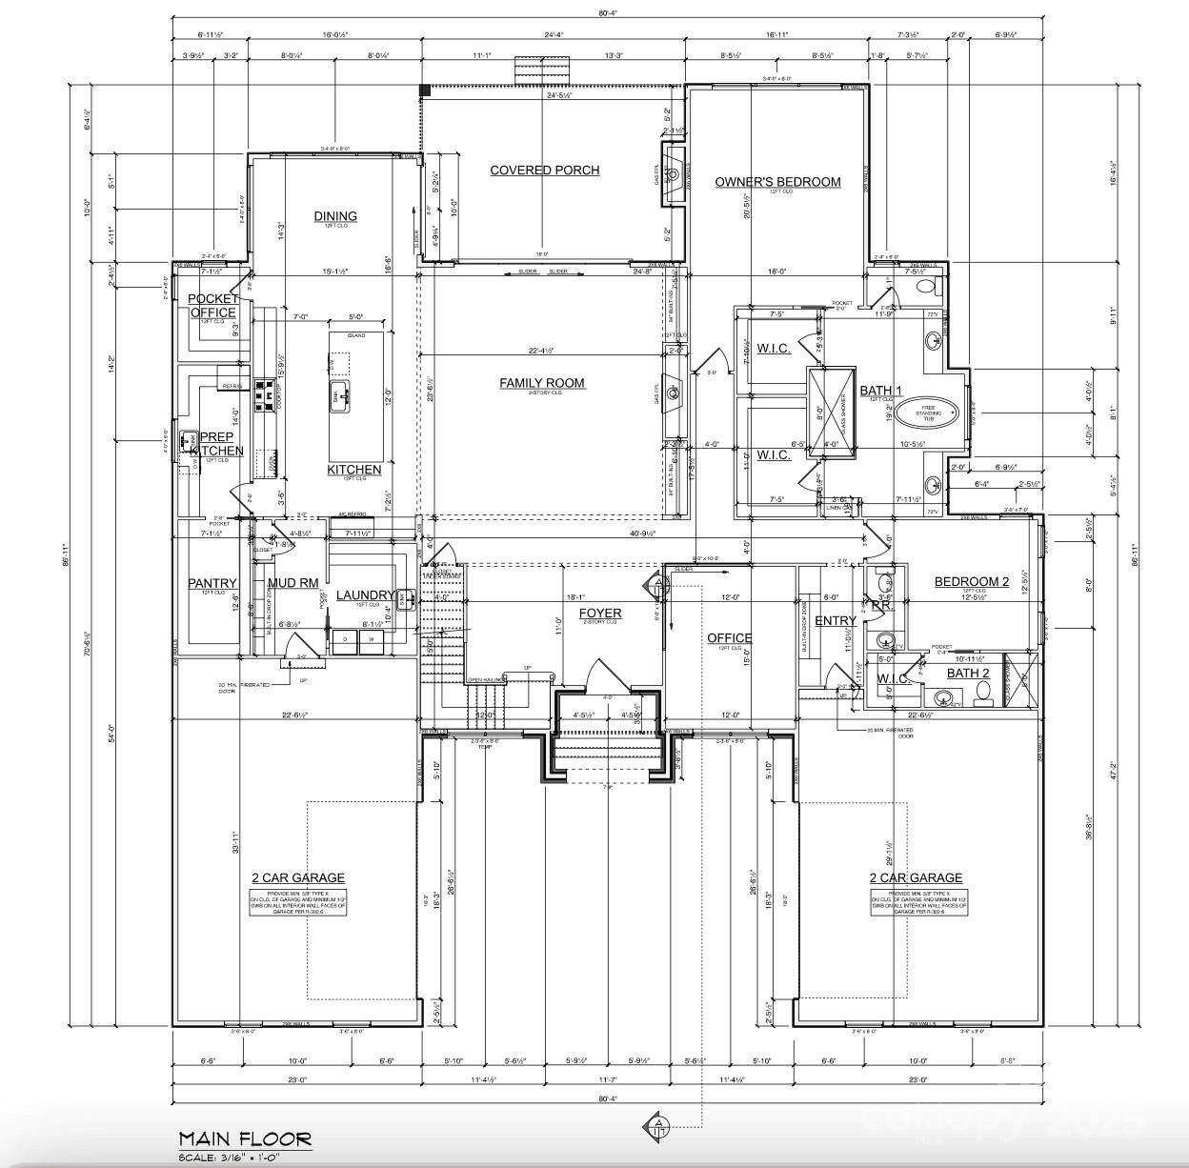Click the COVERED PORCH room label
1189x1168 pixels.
click(x=544, y=171)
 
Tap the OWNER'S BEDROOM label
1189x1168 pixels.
click(x=778, y=182)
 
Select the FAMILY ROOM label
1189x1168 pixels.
click(x=542, y=383)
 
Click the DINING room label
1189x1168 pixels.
click(x=335, y=216)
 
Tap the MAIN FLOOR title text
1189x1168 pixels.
click(x=245, y=1138)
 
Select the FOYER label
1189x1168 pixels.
click(x=599, y=614)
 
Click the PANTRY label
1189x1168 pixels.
click(x=212, y=583)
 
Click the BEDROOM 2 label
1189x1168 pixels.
click(x=971, y=582)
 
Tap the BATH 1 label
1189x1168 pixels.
click(x=880, y=391)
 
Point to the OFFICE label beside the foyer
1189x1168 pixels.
click(x=729, y=638)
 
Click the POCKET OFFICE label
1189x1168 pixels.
click(x=213, y=306)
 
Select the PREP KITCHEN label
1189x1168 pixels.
click(x=215, y=444)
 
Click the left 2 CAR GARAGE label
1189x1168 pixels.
click(x=298, y=878)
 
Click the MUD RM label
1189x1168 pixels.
click(x=292, y=583)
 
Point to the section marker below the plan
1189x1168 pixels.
click(x=657, y=1124)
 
